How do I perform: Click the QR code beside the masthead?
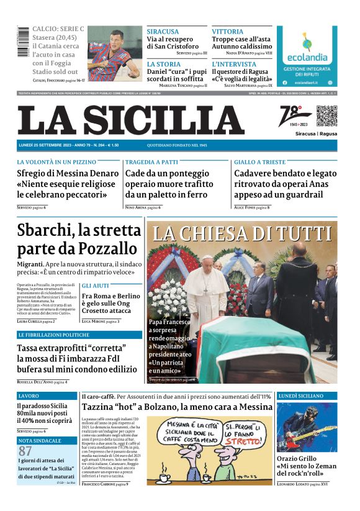pos(326,116)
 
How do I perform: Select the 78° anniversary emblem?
pos(287,115)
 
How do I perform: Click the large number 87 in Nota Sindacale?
pos(25,451)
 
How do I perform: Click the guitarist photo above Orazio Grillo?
pos(307,428)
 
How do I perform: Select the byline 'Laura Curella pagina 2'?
pos(36,321)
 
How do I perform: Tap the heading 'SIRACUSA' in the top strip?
pos(163,31)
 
